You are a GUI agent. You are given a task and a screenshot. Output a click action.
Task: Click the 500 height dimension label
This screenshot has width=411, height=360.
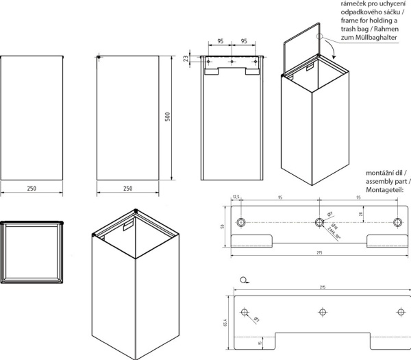coord(166,118)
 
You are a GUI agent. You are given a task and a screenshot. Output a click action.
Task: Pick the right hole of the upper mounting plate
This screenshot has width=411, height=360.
coord(399,221)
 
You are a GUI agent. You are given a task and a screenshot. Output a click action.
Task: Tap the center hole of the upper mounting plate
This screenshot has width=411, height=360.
coord(319,221)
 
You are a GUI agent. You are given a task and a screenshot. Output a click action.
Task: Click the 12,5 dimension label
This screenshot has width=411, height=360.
coord(237,198)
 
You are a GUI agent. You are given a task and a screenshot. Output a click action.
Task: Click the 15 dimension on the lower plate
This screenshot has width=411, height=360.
coord(260,342)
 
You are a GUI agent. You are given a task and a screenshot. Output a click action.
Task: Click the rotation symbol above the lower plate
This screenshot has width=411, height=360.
coord(245,279)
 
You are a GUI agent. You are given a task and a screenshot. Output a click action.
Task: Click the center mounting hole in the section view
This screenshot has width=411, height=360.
coord(232,62)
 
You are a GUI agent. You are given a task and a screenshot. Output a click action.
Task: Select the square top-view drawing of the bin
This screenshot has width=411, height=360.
coord(32,252)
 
